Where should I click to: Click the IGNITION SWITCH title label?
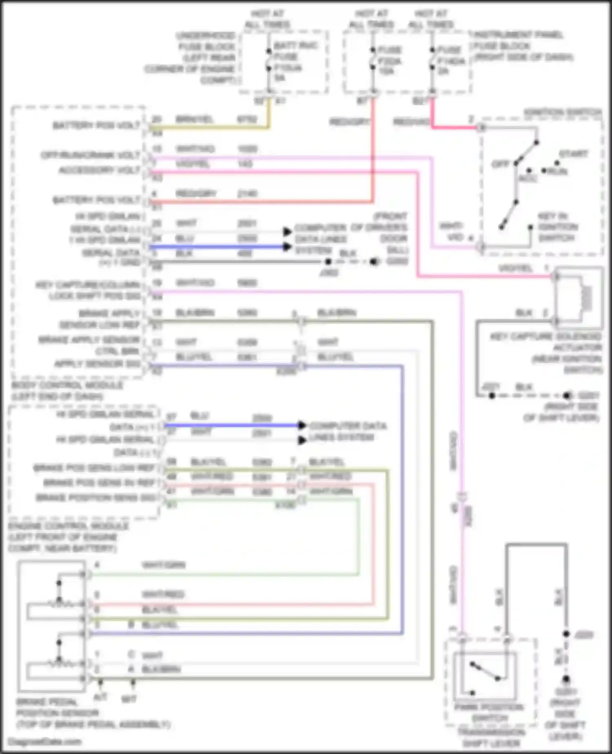563,112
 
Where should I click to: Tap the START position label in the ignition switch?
573,154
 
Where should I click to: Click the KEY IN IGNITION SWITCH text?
557,227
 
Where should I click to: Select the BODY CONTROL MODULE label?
67,390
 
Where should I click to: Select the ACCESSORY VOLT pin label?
99,170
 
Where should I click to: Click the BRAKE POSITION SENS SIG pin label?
96,497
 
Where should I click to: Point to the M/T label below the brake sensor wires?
129,699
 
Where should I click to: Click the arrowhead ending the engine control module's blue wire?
302,425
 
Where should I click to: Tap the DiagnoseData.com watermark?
45,741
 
